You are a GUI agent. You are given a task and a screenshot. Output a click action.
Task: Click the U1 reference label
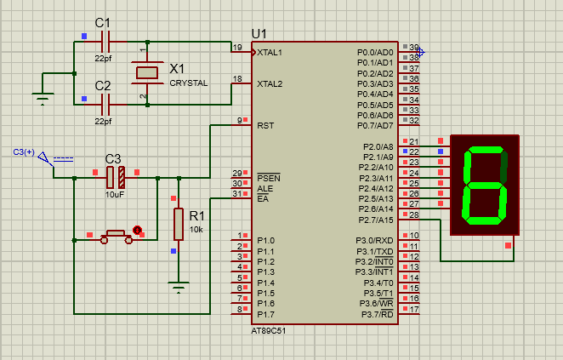(259, 33)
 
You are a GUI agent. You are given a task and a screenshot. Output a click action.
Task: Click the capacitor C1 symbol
(106, 41)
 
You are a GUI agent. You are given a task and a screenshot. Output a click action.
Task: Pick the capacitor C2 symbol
(106, 104)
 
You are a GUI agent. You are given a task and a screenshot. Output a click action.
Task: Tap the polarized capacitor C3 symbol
(115, 177)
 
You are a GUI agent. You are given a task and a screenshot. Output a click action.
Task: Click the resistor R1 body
(178, 223)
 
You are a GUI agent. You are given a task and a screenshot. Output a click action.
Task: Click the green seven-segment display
(485, 185)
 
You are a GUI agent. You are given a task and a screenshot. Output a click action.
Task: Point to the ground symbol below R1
(178, 287)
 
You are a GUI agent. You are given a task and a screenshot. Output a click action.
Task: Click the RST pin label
(265, 125)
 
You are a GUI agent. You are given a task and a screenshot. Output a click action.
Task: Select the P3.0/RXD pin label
(374, 241)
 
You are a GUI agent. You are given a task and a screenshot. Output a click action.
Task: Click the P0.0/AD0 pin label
(374, 53)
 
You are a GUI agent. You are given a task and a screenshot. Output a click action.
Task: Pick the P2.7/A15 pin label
(375, 220)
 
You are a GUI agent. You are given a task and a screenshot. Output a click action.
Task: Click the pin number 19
(237, 47)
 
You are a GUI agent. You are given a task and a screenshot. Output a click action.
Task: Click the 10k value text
(196, 230)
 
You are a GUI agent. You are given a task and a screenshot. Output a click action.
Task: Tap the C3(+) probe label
(24, 151)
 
